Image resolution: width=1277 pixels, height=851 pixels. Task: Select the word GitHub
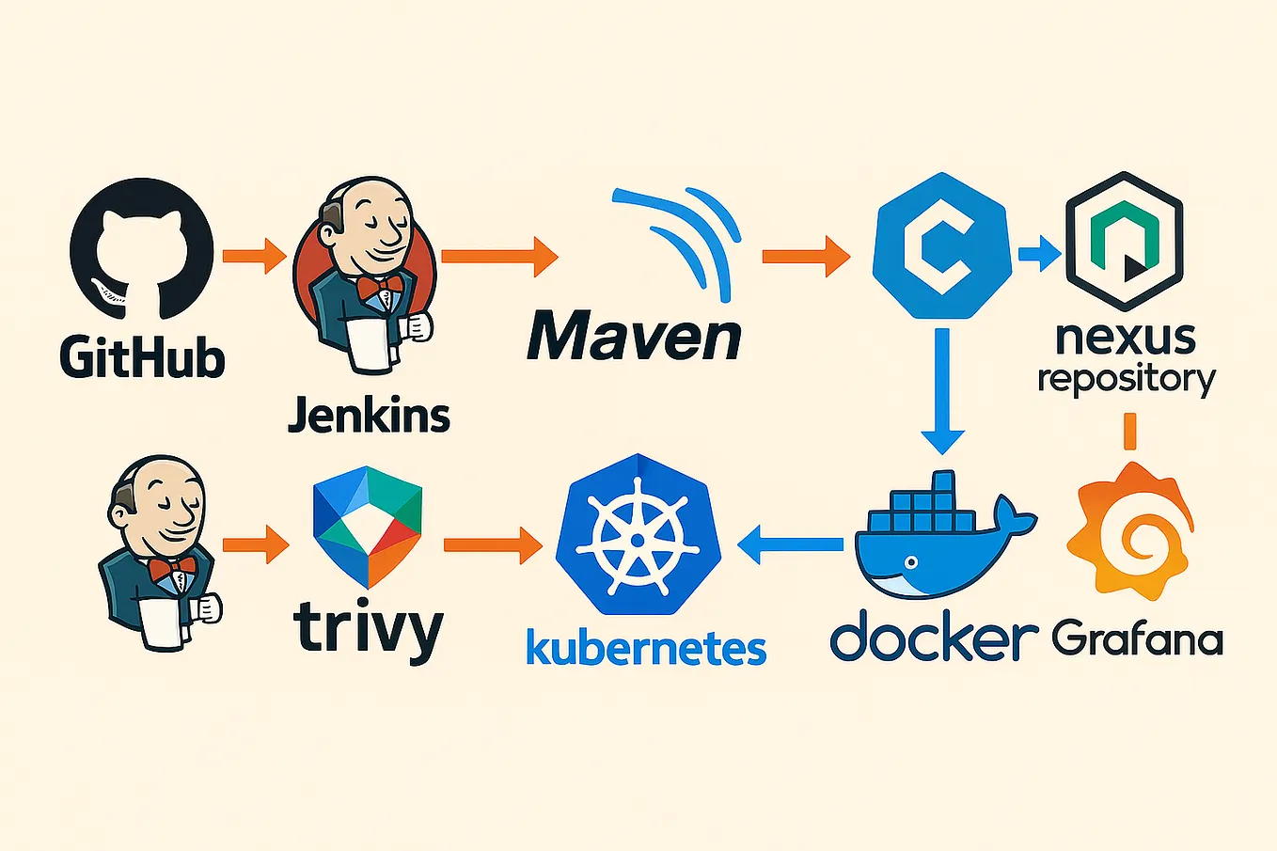click(142, 358)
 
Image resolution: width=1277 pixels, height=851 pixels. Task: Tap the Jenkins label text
click(369, 414)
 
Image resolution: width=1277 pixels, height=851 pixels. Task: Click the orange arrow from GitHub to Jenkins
click(254, 256)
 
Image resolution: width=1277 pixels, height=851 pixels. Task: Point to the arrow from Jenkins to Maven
click(499, 257)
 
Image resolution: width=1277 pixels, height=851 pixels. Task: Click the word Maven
click(634, 336)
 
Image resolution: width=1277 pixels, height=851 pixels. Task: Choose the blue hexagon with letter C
click(941, 246)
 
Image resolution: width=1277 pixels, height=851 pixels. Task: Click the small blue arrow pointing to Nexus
click(1039, 253)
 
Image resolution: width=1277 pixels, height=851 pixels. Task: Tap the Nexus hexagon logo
click(1124, 242)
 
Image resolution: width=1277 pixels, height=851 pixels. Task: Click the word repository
click(1126, 379)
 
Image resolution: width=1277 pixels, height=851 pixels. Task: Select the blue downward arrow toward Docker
click(942, 391)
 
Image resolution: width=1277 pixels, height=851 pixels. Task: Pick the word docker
click(933, 638)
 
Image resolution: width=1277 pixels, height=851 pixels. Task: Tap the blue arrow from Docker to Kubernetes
click(791, 544)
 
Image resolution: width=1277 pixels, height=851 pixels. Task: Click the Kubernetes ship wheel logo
click(638, 536)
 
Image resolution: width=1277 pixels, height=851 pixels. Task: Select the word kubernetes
click(645, 648)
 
